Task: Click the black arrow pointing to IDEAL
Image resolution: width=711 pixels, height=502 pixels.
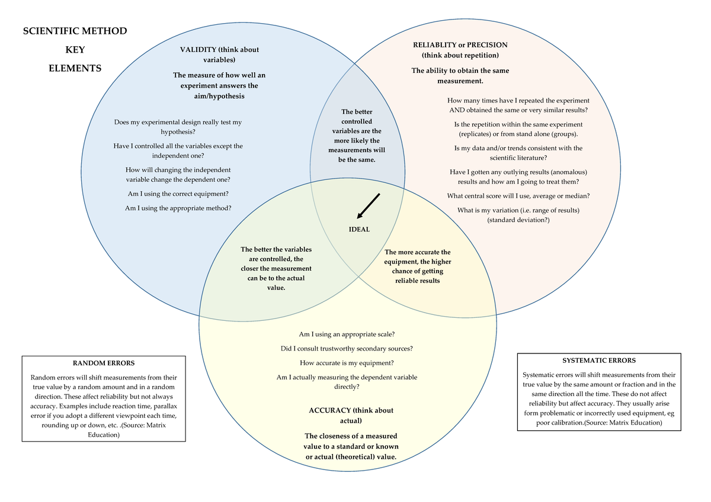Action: [x=368, y=205]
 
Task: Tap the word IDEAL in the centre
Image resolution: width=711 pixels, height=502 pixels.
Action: [x=359, y=230]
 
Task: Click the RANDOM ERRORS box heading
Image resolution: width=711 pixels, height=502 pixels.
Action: [x=104, y=363]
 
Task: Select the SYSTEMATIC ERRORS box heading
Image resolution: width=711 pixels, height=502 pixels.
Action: [x=599, y=360]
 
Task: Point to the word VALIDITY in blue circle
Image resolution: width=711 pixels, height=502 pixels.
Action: [x=198, y=50]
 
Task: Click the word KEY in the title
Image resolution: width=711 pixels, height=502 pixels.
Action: [x=75, y=50]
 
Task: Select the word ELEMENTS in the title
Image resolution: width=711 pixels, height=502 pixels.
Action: [x=75, y=69]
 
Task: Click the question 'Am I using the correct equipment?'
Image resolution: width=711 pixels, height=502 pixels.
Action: [x=178, y=194]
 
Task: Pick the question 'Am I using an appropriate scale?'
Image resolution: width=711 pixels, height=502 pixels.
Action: [x=347, y=334]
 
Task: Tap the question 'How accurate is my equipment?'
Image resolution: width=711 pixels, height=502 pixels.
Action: [x=347, y=363]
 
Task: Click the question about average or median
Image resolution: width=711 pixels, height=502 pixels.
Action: [x=518, y=196]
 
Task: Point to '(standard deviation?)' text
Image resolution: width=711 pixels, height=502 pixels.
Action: [x=518, y=220]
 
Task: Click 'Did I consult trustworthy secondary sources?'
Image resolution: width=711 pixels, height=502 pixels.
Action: [x=347, y=349]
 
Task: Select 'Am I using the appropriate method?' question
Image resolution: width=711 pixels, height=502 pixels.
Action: [x=178, y=208]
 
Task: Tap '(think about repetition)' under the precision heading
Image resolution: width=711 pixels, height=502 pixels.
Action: [x=460, y=55]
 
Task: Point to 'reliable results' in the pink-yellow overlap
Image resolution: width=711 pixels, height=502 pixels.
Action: [x=418, y=281]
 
